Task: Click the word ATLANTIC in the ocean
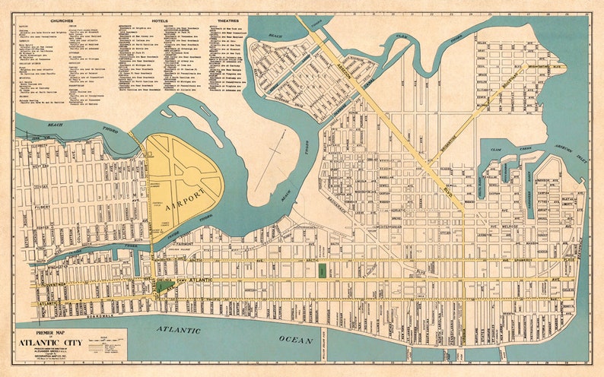pyautogui.click(x=179, y=331)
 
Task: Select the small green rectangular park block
pyautogui.click(x=321, y=269)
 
